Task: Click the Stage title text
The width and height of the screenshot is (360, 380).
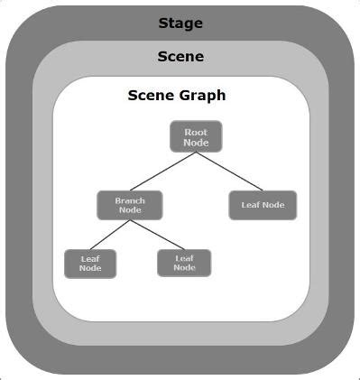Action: coord(180,23)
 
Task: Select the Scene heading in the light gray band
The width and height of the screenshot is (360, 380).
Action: coord(180,56)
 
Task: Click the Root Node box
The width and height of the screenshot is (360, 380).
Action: coord(196,137)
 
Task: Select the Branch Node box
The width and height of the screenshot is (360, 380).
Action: coord(130,205)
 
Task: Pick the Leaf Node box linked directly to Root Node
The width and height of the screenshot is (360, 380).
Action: coord(263,205)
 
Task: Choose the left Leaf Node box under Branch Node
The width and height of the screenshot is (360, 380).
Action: coord(90,263)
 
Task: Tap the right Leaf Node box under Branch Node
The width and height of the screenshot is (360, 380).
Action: coord(184,263)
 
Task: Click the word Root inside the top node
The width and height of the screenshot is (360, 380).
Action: coord(196,132)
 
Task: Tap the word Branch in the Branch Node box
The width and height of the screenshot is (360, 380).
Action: coord(130,199)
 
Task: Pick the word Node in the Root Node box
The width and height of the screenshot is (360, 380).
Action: coord(196,143)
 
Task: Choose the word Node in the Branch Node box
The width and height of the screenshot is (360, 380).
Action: coord(130,210)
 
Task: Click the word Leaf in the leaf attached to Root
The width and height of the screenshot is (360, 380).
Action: coord(250,205)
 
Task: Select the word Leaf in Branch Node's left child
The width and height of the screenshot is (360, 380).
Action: coord(90,257)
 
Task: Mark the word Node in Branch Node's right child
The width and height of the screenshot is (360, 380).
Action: coord(184,268)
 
